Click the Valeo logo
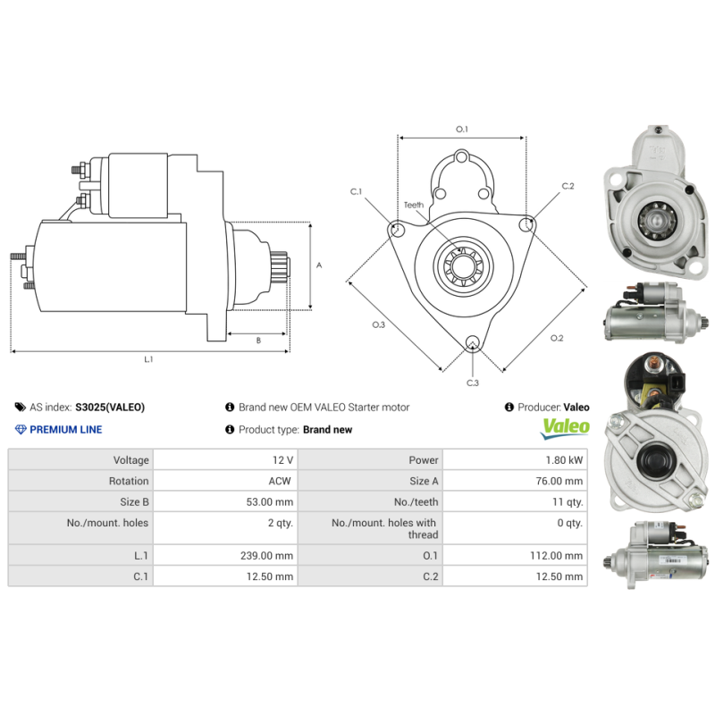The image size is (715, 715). point(566,427)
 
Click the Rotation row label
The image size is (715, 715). point(130,481)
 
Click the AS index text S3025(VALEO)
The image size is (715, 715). point(109,407)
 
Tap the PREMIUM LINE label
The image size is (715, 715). point(65,429)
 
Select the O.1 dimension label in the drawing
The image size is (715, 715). point(462,130)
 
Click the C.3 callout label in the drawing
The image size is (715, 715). point(472,383)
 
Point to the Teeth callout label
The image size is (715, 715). point(413,205)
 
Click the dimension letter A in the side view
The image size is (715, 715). point(319,265)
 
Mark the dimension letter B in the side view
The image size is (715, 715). point(258,340)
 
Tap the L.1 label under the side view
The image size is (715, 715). point(149,359)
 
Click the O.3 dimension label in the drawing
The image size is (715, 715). point(378,324)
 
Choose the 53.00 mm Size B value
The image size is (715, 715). point(271,501)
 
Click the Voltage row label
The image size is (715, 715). point(131,459)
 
